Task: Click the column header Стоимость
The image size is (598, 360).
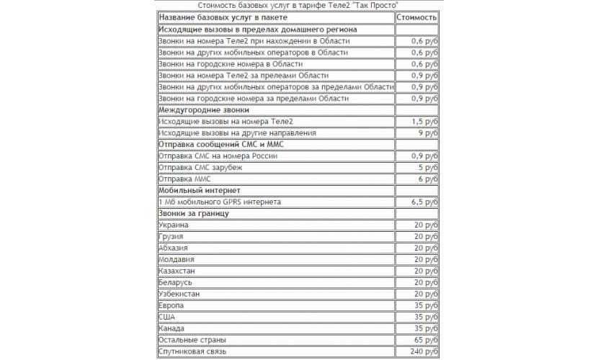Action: click(x=416, y=17)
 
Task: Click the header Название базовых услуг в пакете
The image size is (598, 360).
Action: click(x=223, y=17)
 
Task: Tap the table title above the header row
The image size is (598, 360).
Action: click(x=298, y=5)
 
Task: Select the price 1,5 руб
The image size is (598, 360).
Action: click(x=424, y=122)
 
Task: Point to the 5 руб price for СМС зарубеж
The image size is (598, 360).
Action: click(x=428, y=167)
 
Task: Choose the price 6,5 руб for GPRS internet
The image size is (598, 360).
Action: click(x=424, y=202)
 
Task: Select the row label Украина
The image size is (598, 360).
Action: click(x=174, y=225)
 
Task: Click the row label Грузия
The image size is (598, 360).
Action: click(x=171, y=237)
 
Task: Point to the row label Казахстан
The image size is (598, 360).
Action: click(x=177, y=271)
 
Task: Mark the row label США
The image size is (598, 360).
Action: click(x=166, y=317)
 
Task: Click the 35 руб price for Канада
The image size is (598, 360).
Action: click(x=426, y=328)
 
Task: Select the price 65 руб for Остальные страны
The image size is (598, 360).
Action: click(x=426, y=340)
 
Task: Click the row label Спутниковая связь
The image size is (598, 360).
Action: click(x=192, y=351)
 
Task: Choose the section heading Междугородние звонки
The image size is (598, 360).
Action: click(x=204, y=110)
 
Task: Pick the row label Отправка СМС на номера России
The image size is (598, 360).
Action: click(x=218, y=156)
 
